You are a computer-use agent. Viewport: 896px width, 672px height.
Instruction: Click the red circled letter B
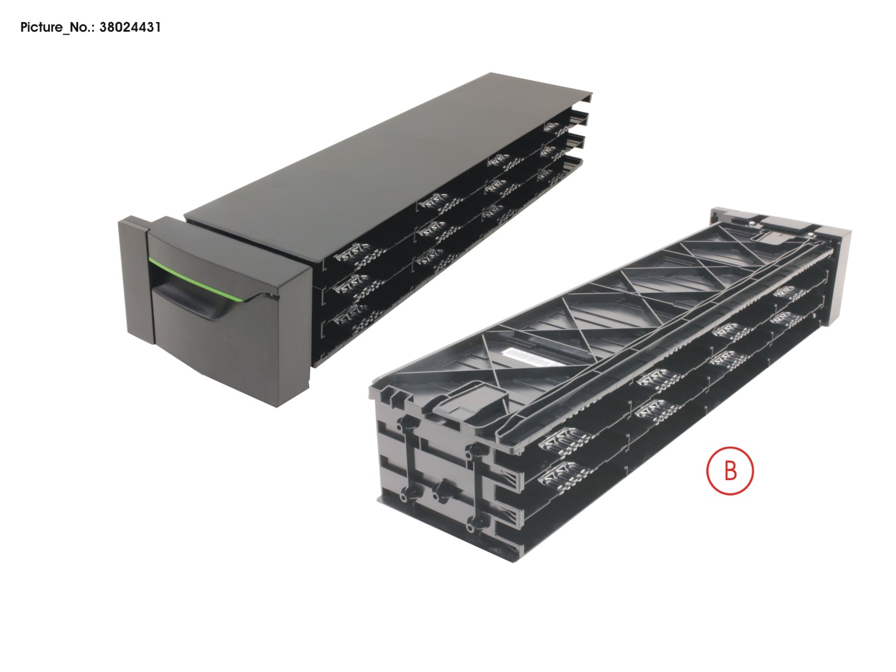point(730,470)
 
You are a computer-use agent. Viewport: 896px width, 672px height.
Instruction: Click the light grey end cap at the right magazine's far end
point(838,272)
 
